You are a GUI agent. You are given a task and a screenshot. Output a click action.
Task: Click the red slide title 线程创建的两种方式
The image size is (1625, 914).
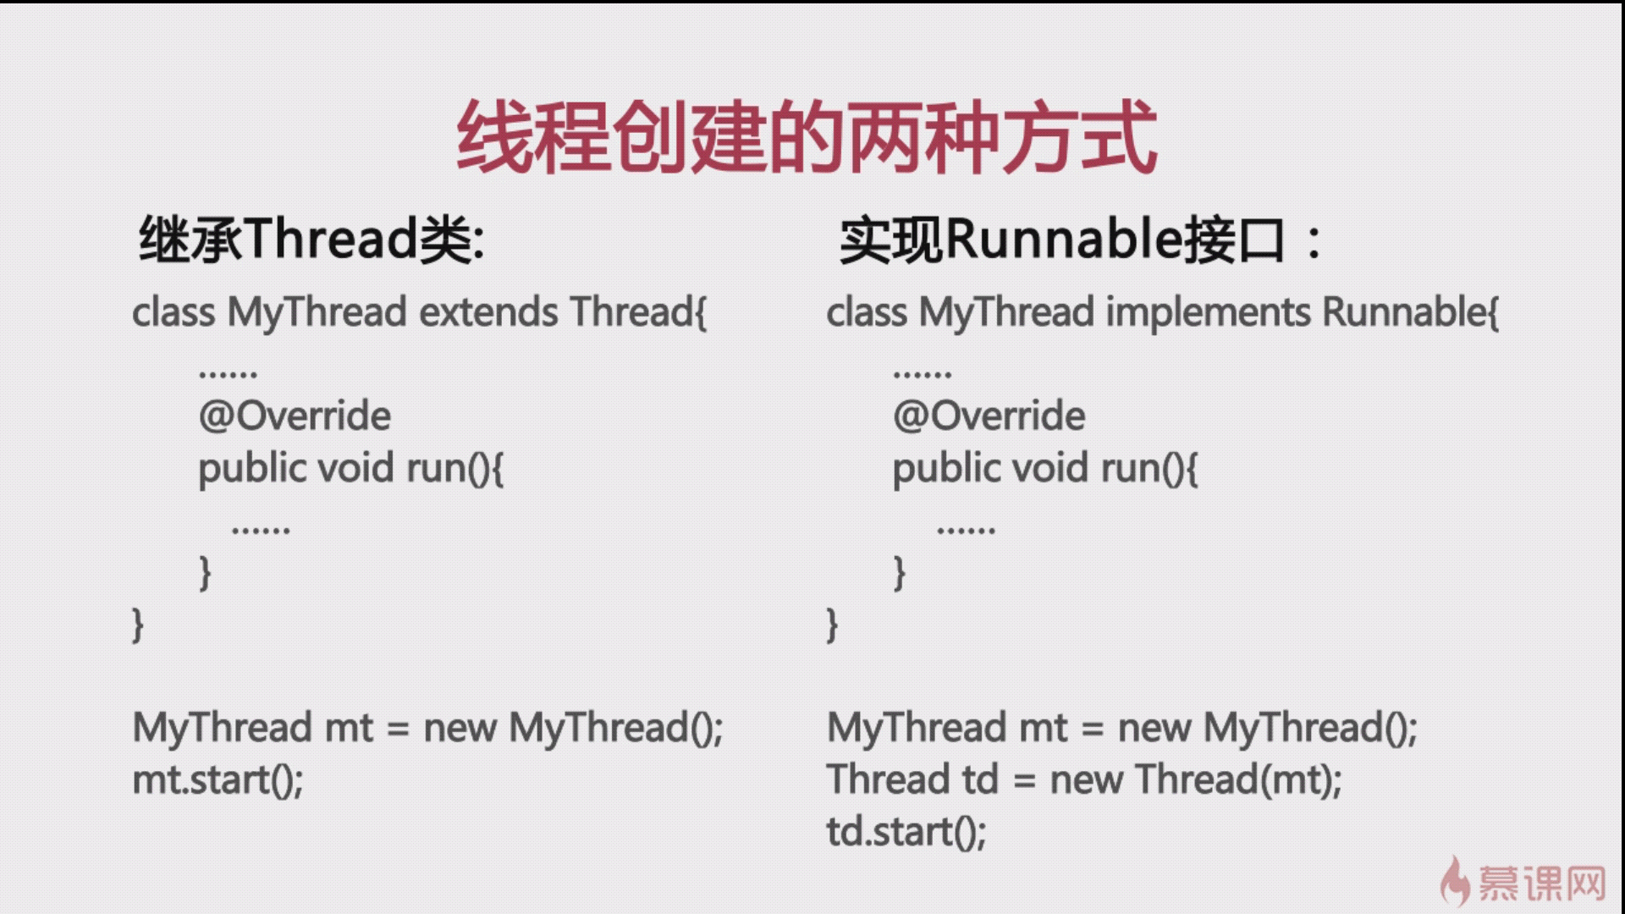click(807, 138)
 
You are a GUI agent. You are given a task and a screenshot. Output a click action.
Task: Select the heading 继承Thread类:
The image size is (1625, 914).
click(311, 240)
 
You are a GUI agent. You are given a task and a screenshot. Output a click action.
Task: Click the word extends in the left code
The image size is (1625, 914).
click(489, 312)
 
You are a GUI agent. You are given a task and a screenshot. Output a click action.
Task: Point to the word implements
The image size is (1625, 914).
click(1209, 312)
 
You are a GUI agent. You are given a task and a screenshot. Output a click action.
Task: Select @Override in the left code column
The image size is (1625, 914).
click(295, 416)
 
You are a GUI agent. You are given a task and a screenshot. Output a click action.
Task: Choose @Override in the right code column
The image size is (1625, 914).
click(989, 416)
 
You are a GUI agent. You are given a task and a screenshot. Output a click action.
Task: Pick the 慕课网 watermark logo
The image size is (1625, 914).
click(1523, 883)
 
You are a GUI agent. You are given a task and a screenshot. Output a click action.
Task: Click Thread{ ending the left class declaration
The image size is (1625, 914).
click(638, 312)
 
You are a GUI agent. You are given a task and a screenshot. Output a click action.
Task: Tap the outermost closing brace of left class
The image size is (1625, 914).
click(138, 625)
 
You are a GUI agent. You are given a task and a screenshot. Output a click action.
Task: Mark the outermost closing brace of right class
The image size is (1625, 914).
click(832, 625)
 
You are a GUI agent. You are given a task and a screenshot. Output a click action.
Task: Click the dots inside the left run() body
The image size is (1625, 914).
click(261, 531)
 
